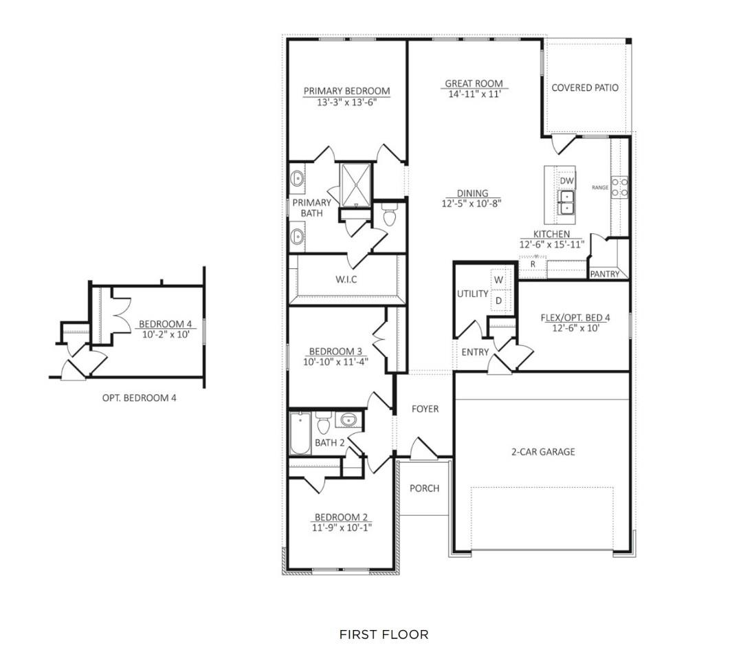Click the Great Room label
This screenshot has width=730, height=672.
coord(473,84)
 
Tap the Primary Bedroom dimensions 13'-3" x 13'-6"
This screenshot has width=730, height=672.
coord(346,102)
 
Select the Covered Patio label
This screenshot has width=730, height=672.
coord(585,88)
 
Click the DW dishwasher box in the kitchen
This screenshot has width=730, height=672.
coord(566,180)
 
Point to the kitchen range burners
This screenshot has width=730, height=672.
coord(619,187)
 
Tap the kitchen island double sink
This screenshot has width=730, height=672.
coord(566,202)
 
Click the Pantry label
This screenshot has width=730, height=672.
coord(605,274)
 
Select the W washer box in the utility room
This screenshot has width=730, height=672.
coord(499,280)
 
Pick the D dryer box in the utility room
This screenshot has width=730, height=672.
coord(499,301)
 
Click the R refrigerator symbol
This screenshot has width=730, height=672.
coord(532,264)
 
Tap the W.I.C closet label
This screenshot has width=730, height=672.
coord(346,279)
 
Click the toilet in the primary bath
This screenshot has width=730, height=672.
coord(390,217)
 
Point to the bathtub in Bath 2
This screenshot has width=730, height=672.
coord(300,433)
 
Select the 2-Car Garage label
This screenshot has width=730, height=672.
coord(542,452)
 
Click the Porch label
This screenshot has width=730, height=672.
coord(424,488)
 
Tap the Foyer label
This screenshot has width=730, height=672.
coord(425,409)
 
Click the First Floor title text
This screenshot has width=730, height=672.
coord(384,634)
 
